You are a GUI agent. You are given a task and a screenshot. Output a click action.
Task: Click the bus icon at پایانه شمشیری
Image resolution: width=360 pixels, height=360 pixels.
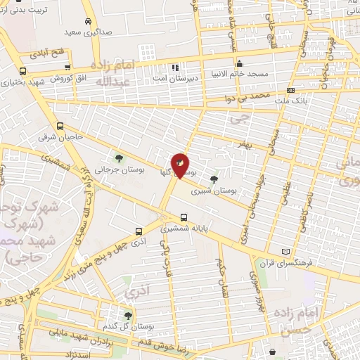point(184,217)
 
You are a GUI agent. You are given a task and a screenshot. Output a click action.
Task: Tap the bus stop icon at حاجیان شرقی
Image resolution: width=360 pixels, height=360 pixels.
point(60,126)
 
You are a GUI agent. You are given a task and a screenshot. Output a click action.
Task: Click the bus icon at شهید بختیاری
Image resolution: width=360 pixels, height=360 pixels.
point(23,72)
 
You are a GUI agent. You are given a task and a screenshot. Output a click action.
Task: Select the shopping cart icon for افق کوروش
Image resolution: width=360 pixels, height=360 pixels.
point(67,67)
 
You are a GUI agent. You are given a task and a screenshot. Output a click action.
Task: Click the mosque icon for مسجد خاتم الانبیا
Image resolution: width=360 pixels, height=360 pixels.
point(240,63)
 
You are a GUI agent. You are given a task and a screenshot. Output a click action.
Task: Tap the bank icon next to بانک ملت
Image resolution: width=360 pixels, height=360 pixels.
point(290,90)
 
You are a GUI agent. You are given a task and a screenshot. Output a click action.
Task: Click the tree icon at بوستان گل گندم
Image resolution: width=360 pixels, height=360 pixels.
point(128,316)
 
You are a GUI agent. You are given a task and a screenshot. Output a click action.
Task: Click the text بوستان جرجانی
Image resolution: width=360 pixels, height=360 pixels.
point(113,169)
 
